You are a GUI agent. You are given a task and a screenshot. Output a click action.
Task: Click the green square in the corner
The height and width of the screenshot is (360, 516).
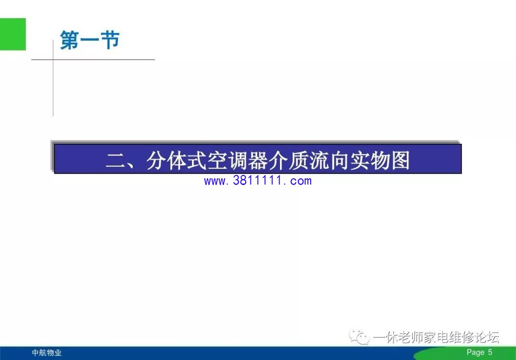(13, 34)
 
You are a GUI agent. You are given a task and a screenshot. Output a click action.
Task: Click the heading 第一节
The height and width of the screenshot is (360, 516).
(90, 40)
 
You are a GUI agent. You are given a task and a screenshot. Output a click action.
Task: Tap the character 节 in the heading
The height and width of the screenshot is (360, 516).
(110, 40)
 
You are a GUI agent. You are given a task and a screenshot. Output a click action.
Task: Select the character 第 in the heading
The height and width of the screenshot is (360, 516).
(69, 40)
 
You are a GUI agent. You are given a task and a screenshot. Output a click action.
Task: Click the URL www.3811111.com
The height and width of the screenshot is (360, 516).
(258, 181)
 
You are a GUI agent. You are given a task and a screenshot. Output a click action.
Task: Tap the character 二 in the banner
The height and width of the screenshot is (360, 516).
(116, 161)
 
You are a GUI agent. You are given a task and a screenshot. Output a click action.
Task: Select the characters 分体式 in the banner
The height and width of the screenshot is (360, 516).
(176, 161)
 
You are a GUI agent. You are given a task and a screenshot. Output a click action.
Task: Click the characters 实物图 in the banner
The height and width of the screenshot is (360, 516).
(380, 161)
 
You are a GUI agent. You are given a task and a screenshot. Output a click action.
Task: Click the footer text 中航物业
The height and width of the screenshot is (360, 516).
(47, 353)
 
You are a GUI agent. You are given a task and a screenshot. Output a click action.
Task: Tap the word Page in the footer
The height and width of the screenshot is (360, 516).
(475, 352)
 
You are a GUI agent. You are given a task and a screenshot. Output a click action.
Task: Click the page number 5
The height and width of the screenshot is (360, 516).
(490, 352)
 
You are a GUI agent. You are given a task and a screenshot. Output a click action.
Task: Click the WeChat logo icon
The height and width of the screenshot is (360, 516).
(359, 337)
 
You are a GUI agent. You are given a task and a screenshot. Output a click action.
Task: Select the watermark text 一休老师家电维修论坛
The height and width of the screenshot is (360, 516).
(436, 337)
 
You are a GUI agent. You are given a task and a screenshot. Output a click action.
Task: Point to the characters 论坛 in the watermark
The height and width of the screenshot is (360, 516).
(487, 337)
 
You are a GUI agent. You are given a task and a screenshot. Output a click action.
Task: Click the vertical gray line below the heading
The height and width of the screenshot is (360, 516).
(53, 78)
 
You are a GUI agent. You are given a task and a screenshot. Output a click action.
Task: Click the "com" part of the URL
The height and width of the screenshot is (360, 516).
(301, 181)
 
